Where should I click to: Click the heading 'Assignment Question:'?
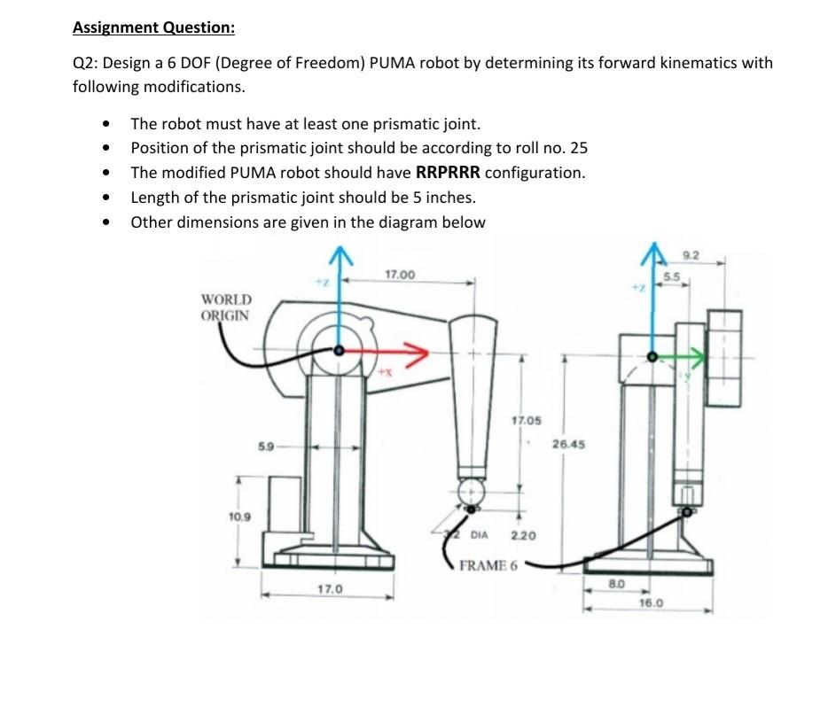153,27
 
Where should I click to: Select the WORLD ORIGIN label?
226,307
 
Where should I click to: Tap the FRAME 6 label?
488,565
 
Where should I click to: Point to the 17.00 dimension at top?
400,276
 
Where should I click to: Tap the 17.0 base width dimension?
328,588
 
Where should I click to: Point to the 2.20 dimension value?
523,536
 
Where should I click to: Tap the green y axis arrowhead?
705,357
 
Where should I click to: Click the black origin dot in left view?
339,352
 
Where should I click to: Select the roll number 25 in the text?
578,148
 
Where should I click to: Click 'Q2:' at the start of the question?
85,63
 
